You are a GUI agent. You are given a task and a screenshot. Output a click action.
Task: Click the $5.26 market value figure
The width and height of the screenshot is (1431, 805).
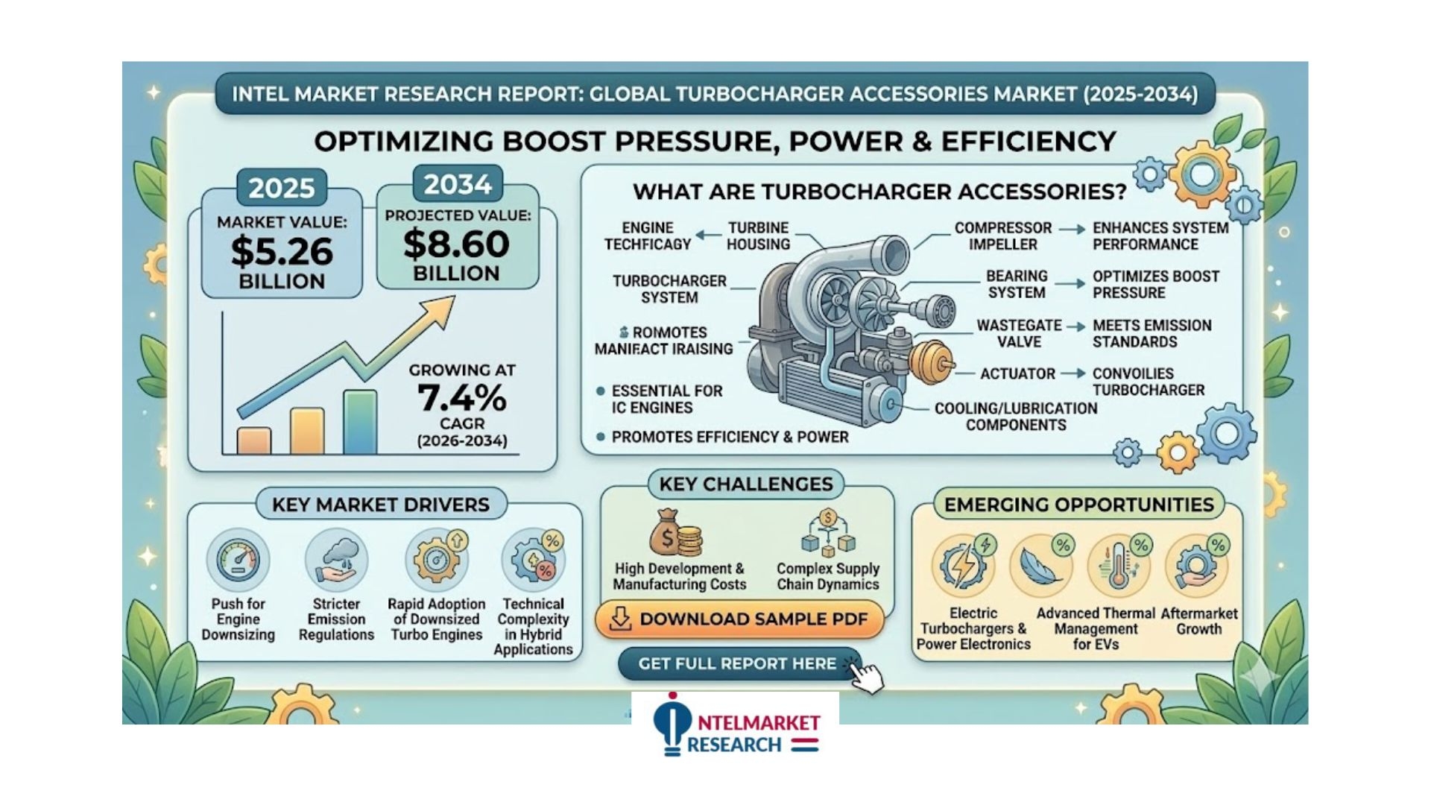tap(282, 250)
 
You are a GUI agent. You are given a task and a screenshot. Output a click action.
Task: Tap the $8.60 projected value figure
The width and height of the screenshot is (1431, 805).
tap(456, 244)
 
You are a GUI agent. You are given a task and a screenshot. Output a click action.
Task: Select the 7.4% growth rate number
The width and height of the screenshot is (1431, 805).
tap(462, 397)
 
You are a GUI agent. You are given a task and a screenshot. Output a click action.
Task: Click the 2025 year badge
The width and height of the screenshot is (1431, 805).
tap(282, 188)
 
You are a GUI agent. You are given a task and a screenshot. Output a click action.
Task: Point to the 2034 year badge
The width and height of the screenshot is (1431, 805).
tap(458, 184)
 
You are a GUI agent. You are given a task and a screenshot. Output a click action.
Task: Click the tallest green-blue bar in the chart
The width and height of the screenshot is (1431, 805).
tap(360, 422)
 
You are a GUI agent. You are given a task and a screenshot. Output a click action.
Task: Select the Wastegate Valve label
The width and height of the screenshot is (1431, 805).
tap(1019, 334)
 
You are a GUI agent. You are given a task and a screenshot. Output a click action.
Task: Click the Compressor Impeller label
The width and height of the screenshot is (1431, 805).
tap(1003, 236)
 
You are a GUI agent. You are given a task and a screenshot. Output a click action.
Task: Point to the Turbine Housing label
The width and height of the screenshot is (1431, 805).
tap(758, 236)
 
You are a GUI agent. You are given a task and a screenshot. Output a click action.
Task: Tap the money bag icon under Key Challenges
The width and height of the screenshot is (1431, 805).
tap(675, 532)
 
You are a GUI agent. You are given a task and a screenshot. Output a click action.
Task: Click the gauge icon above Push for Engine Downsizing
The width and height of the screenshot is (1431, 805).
tap(238, 560)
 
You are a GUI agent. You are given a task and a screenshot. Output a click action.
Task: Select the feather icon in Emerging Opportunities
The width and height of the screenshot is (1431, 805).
tap(1041, 566)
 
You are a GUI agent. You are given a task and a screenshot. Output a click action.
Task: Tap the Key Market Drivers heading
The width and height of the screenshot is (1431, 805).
tap(381, 505)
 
